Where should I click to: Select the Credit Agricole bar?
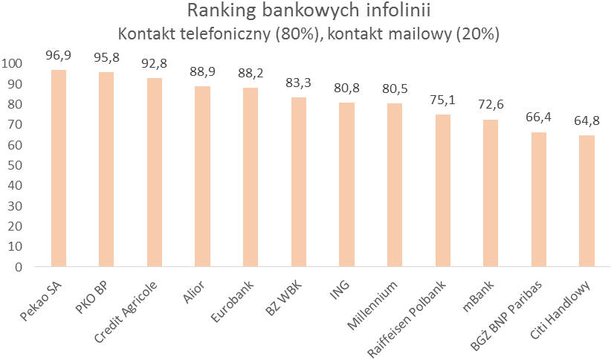pyautogui.click(x=155, y=173)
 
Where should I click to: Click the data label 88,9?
pyautogui.click(x=203, y=73)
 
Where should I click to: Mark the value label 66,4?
pyautogui.click(x=539, y=118)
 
